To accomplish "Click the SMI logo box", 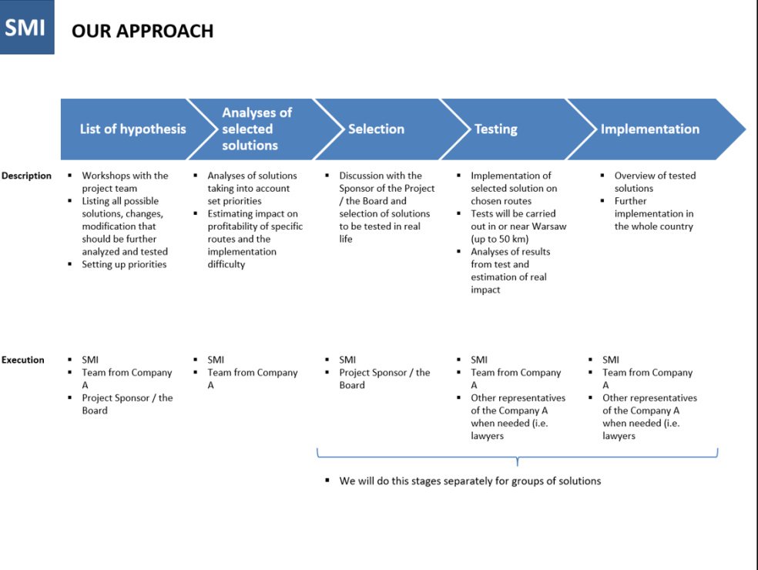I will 26,27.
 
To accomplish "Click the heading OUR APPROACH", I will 143,32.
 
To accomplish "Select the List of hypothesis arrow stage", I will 132,129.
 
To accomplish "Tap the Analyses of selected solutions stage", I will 257,129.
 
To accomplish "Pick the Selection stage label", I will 376,129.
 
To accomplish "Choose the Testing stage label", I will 495,129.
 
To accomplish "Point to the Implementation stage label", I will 649,129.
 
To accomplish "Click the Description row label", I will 26,176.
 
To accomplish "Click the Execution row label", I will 23,360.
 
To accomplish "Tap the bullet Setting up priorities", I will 124,264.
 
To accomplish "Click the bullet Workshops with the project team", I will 125,182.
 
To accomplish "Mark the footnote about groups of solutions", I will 470,481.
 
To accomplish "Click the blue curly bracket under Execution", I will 517,456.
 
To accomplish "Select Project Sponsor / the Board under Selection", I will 384,379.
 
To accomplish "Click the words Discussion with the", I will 381,176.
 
